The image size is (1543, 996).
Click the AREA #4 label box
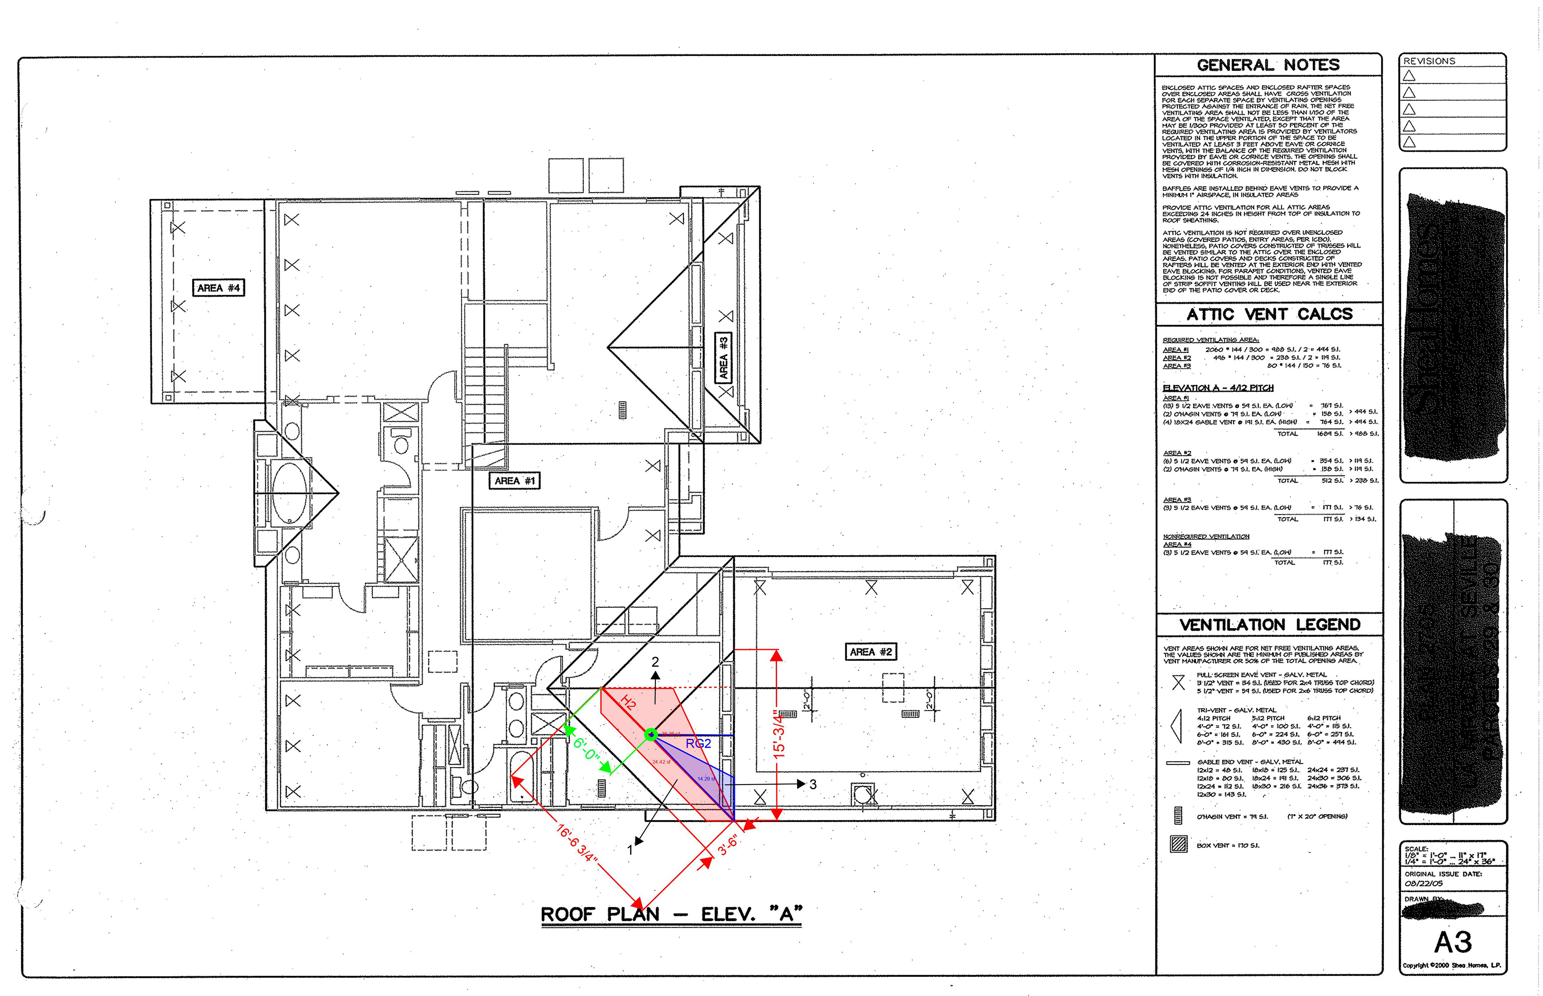[x=219, y=288]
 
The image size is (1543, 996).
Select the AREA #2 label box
[x=871, y=652]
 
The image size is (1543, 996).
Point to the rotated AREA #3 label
[x=723, y=358]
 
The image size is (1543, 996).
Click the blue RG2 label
[x=698, y=744]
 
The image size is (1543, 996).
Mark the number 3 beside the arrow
[x=812, y=784]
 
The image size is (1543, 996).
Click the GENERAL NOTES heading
[x=1268, y=66]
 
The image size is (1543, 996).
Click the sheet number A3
[x=1453, y=942]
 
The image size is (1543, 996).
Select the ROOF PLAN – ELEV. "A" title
[x=671, y=914]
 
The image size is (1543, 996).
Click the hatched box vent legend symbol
[x=1179, y=844]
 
